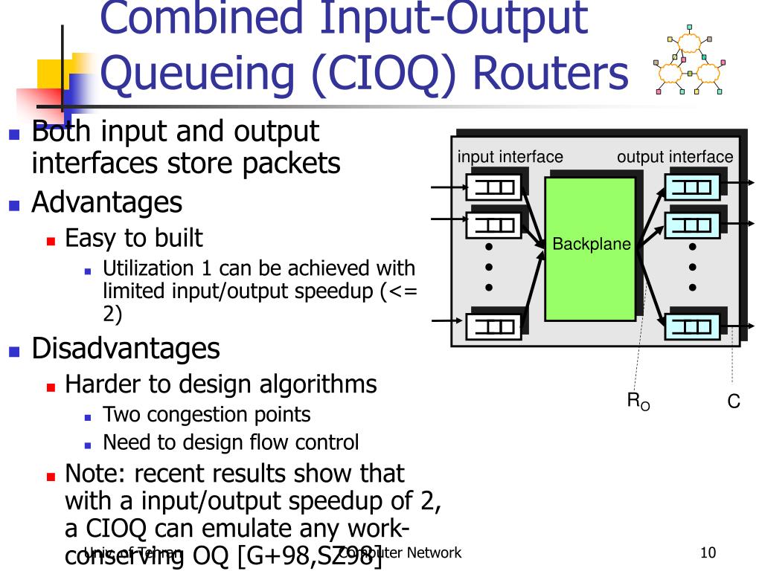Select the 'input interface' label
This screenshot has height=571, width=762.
tap(510, 157)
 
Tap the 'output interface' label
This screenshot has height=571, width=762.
tap(675, 157)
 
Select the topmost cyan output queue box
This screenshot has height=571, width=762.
tap(692, 187)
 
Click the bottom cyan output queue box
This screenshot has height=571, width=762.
tap(692, 326)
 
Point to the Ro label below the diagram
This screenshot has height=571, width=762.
tap(638, 402)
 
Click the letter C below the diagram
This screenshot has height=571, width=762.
tap(734, 402)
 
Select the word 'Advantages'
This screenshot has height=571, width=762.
tap(106, 202)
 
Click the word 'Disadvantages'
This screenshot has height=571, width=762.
tap(126, 348)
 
